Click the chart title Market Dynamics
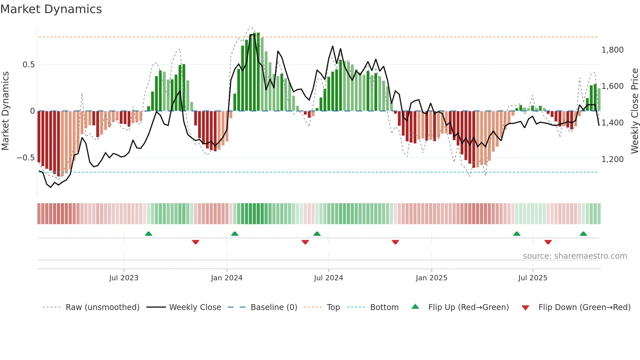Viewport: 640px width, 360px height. (x=51, y=9)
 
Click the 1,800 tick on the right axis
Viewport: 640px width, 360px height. (x=612, y=50)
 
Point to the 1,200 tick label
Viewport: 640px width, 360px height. (x=612, y=159)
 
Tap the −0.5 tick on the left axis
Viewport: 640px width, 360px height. (x=25, y=158)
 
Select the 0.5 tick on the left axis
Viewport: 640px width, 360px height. (x=28, y=65)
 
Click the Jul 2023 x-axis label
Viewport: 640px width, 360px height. (x=124, y=278)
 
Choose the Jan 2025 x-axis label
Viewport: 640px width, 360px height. (x=431, y=278)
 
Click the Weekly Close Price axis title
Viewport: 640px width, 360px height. (x=634, y=111)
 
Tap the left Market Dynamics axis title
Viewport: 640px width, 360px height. (x=5, y=111)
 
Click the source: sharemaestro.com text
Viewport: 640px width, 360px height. (x=575, y=256)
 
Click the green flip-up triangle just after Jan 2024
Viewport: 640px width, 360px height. (x=234, y=234)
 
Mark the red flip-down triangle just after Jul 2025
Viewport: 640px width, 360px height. (x=548, y=242)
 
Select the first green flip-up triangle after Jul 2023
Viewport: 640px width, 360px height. (x=149, y=234)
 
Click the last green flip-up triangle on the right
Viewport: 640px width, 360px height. (x=583, y=234)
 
